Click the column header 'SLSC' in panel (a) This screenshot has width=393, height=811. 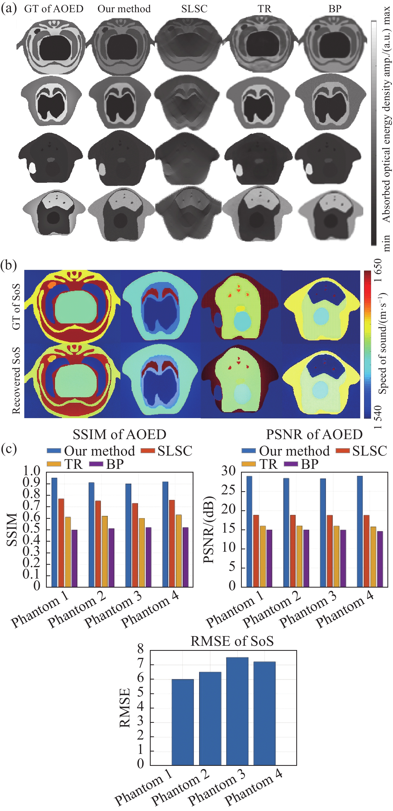[x=194, y=9]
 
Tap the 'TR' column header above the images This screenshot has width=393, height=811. [x=264, y=9]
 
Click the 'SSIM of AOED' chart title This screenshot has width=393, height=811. [x=119, y=435]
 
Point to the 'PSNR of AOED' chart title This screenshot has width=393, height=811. [x=314, y=435]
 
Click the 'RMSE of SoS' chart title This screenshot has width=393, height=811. [x=232, y=641]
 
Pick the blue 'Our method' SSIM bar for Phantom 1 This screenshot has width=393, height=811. [x=54, y=532]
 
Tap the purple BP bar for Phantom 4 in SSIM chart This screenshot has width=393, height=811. [x=185, y=557]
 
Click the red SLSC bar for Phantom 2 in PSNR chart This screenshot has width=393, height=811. [x=293, y=551]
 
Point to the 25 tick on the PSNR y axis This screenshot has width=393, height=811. [x=229, y=491]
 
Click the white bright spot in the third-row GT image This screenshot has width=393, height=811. [x=32, y=168]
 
